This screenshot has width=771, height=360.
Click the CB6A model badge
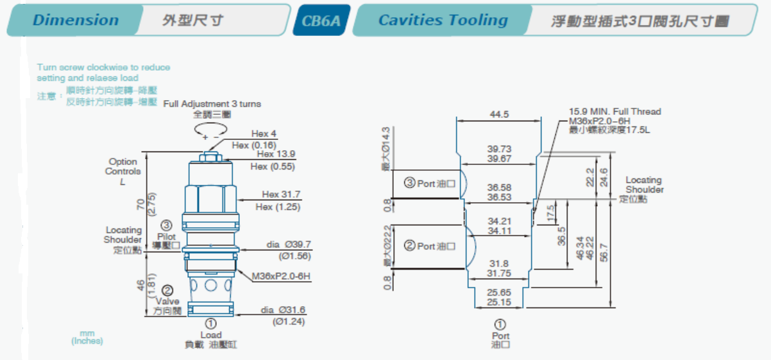(321, 21)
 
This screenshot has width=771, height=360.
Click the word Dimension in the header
(76, 20)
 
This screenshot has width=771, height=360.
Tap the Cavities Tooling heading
(443, 20)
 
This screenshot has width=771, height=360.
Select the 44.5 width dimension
(498, 114)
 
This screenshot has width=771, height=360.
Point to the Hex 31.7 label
(281, 194)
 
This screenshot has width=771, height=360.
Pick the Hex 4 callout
(264, 134)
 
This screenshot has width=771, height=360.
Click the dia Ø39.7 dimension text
(289, 244)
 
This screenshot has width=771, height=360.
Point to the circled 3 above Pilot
(166, 225)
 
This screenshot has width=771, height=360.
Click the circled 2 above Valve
(167, 290)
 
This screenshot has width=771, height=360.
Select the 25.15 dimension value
(498, 302)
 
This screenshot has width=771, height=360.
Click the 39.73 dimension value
(498, 149)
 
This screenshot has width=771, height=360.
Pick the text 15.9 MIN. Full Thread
(614, 112)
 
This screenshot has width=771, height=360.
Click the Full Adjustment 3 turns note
(212, 104)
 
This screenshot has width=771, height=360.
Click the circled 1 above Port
(500, 325)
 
